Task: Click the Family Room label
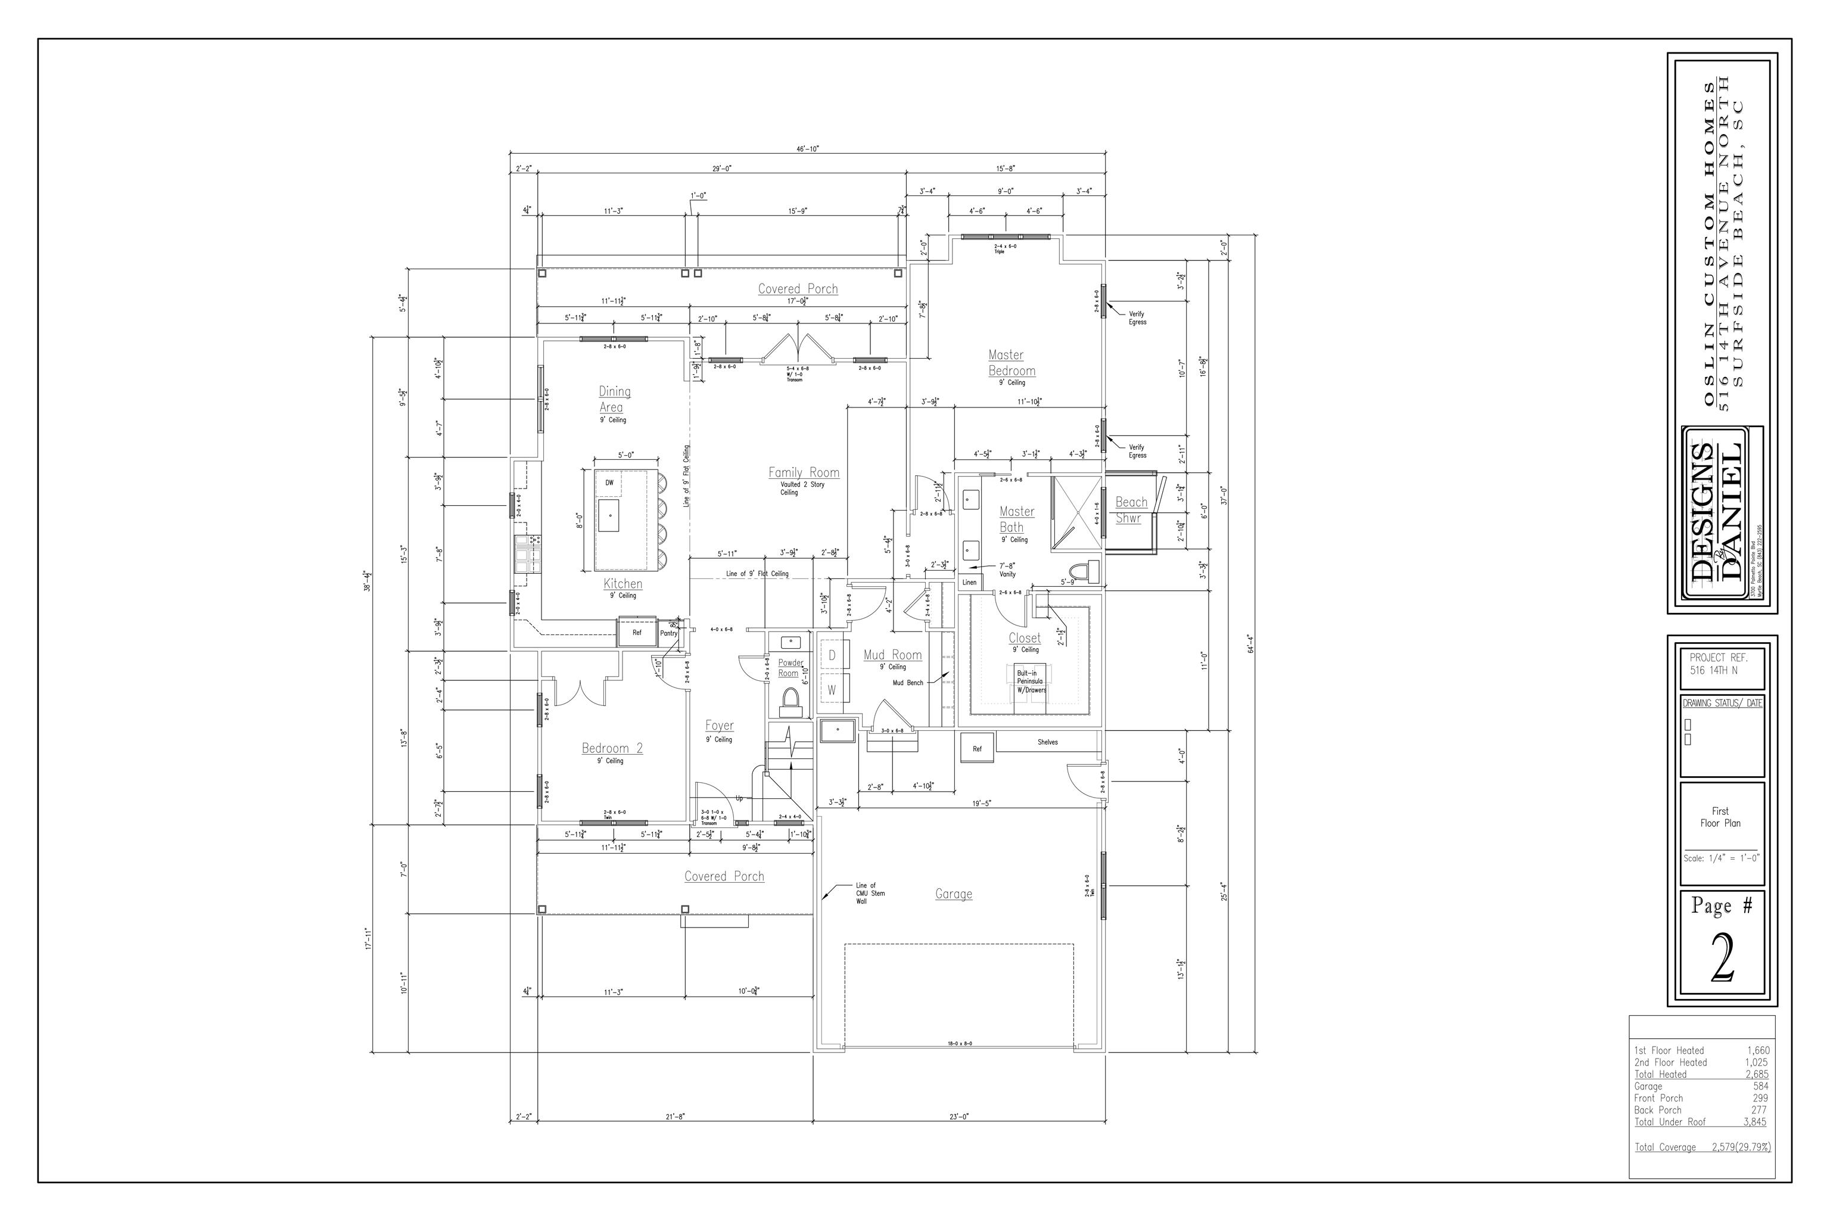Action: tap(804, 472)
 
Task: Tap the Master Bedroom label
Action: tap(1011, 363)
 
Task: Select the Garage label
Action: tap(953, 894)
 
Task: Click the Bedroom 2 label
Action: tap(612, 748)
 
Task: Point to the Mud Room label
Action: tap(892, 655)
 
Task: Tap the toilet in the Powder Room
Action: tap(790, 702)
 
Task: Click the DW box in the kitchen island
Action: tap(609, 483)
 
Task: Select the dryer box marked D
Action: tap(832, 656)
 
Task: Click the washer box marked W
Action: tap(832, 689)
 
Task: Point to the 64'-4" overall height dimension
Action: tap(1250, 644)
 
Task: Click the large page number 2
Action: tap(1722, 959)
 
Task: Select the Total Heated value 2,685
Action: tap(1756, 1073)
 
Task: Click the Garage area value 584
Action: tap(1760, 1086)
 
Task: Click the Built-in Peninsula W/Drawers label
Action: tap(1030, 681)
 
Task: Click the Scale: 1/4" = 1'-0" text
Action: tap(1721, 859)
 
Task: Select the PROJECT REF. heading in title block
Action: tap(1719, 658)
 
